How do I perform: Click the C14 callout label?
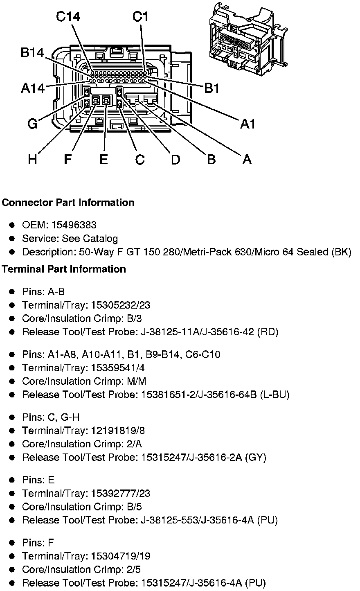(68, 17)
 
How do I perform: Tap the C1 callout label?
(140, 17)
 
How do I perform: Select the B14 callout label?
(33, 53)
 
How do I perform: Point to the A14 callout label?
(33, 88)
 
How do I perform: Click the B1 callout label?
(212, 88)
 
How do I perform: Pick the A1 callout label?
(248, 124)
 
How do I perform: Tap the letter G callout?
(33, 124)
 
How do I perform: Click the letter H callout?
(33, 159)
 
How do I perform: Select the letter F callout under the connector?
(68, 159)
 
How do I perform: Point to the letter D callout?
(175, 159)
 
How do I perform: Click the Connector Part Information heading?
(68, 203)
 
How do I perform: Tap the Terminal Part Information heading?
(64, 269)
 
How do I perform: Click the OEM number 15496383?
(74, 225)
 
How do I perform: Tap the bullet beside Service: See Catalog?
(13, 239)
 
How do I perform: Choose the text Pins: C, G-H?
(51, 417)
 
